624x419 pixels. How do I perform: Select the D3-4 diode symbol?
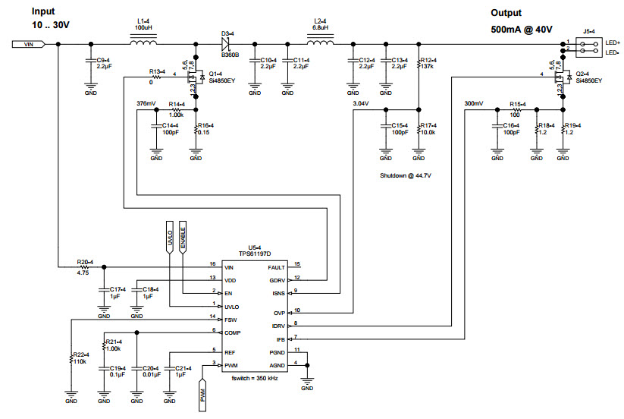tap(226, 43)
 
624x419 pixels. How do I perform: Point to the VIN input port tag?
tap(28, 45)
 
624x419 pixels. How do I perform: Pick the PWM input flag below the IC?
tap(203, 395)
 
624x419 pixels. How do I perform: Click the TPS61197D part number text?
tap(255, 254)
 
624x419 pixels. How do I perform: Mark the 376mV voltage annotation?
tap(146, 102)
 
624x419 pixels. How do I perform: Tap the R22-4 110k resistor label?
tap(80, 358)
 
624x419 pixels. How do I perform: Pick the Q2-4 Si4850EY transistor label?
tap(588, 76)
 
